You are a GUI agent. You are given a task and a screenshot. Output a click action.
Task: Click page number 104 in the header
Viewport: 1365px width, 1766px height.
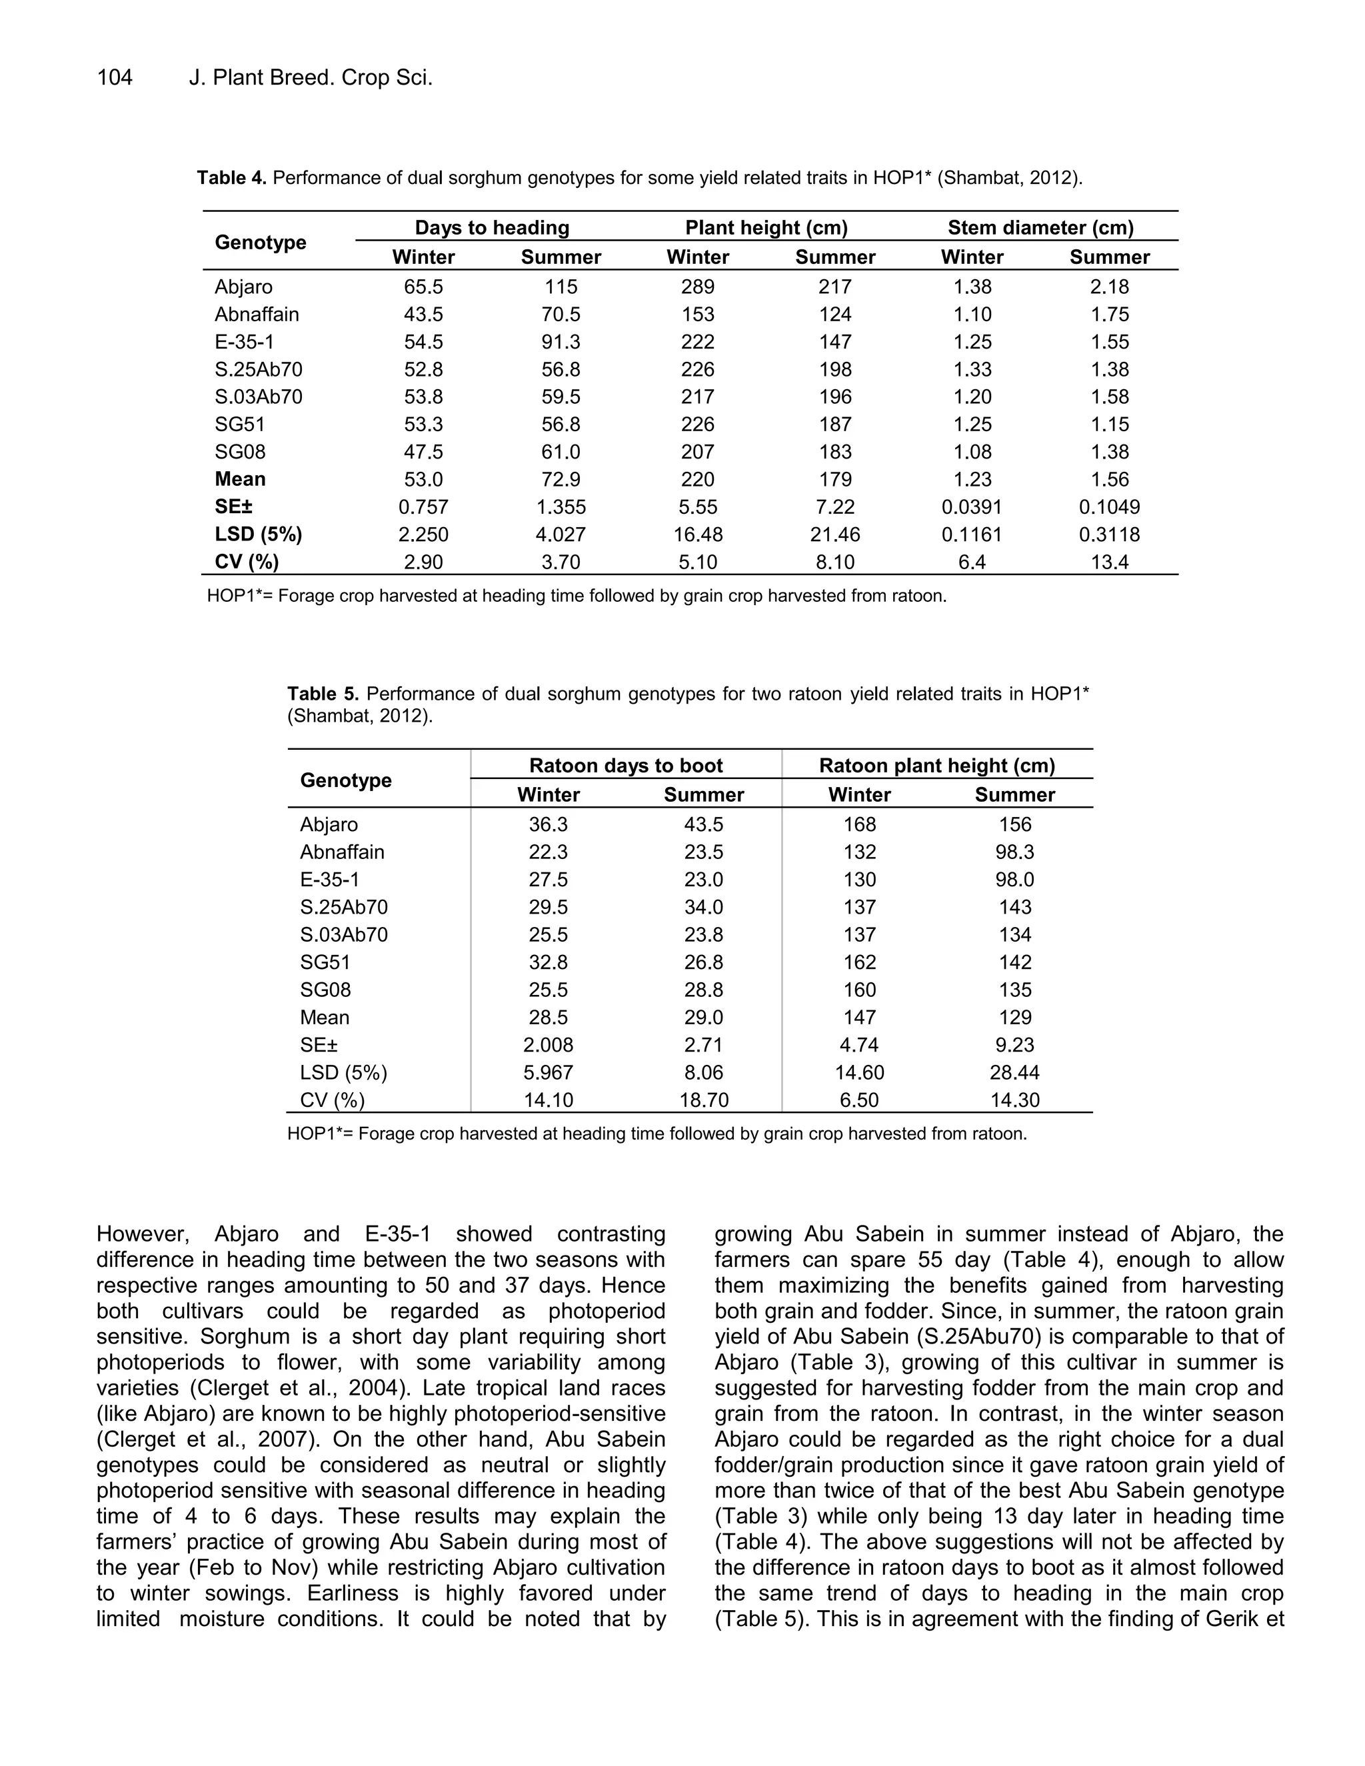tap(114, 77)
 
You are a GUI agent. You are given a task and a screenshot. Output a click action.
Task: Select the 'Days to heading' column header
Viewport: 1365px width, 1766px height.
tap(492, 228)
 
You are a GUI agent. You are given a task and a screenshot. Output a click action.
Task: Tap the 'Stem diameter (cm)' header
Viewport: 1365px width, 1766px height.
tap(1040, 228)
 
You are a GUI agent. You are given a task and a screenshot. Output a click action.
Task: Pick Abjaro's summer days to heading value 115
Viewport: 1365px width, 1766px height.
tap(561, 287)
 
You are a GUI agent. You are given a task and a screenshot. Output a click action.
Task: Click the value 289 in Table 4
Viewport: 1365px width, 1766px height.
tap(697, 287)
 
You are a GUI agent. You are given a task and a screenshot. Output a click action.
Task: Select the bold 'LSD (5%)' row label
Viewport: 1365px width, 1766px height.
tap(258, 534)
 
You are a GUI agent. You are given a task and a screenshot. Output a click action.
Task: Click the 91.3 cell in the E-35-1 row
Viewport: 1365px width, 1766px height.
tap(561, 342)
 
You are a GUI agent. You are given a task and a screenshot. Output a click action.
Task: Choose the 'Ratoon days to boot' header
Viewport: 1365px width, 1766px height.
tap(625, 766)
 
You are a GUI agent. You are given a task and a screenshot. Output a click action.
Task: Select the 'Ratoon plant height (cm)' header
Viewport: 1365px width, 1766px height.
tap(936, 766)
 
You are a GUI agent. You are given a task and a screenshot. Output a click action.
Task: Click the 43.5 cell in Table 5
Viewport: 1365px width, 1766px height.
tap(704, 825)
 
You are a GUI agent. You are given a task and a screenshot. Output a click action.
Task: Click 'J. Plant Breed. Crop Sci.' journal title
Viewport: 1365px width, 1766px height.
tap(311, 77)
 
